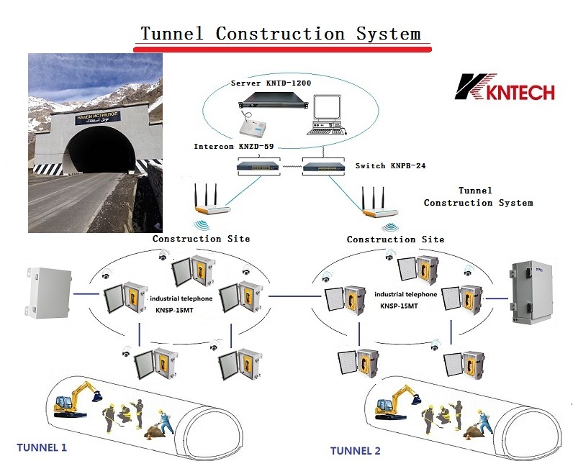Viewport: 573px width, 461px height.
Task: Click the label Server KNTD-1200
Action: (x=271, y=83)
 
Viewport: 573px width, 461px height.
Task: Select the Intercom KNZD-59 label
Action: (x=234, y=146)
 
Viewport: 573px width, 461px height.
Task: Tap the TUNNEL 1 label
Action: (x=37, y=447)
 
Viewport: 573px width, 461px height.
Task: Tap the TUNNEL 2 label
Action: (x=355, y=451)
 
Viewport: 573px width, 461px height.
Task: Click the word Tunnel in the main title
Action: (x=173, y=33)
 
